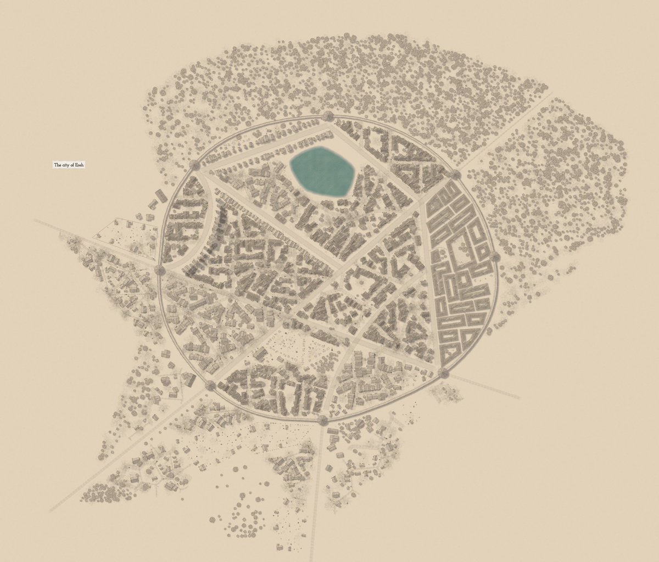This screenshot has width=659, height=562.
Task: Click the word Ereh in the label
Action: click(x=80, y=165)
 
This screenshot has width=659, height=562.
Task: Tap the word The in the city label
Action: click(x=57, y=165)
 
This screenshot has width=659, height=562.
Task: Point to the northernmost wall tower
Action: click(x=328, y=116)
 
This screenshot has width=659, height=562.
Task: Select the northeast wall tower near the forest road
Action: click(x=455, y=175)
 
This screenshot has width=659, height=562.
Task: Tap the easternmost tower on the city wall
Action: click(x=495, y=257)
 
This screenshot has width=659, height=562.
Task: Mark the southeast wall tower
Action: click(x=444, y=374)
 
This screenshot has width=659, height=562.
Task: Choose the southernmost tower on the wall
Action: click(x=322, y=421)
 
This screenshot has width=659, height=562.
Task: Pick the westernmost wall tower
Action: click(x=159, y=269)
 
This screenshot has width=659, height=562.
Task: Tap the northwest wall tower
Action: click(x=194, y=165)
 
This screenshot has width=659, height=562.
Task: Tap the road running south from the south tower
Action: click(x=317, y=483)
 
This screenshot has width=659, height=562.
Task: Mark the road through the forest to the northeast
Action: click(x=505, y=132)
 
